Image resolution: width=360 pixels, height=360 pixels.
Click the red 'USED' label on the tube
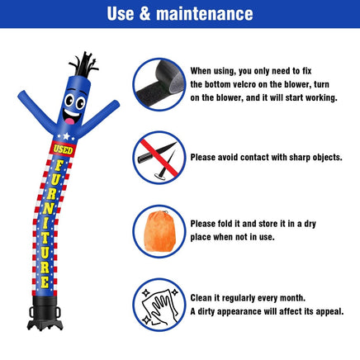64,148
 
